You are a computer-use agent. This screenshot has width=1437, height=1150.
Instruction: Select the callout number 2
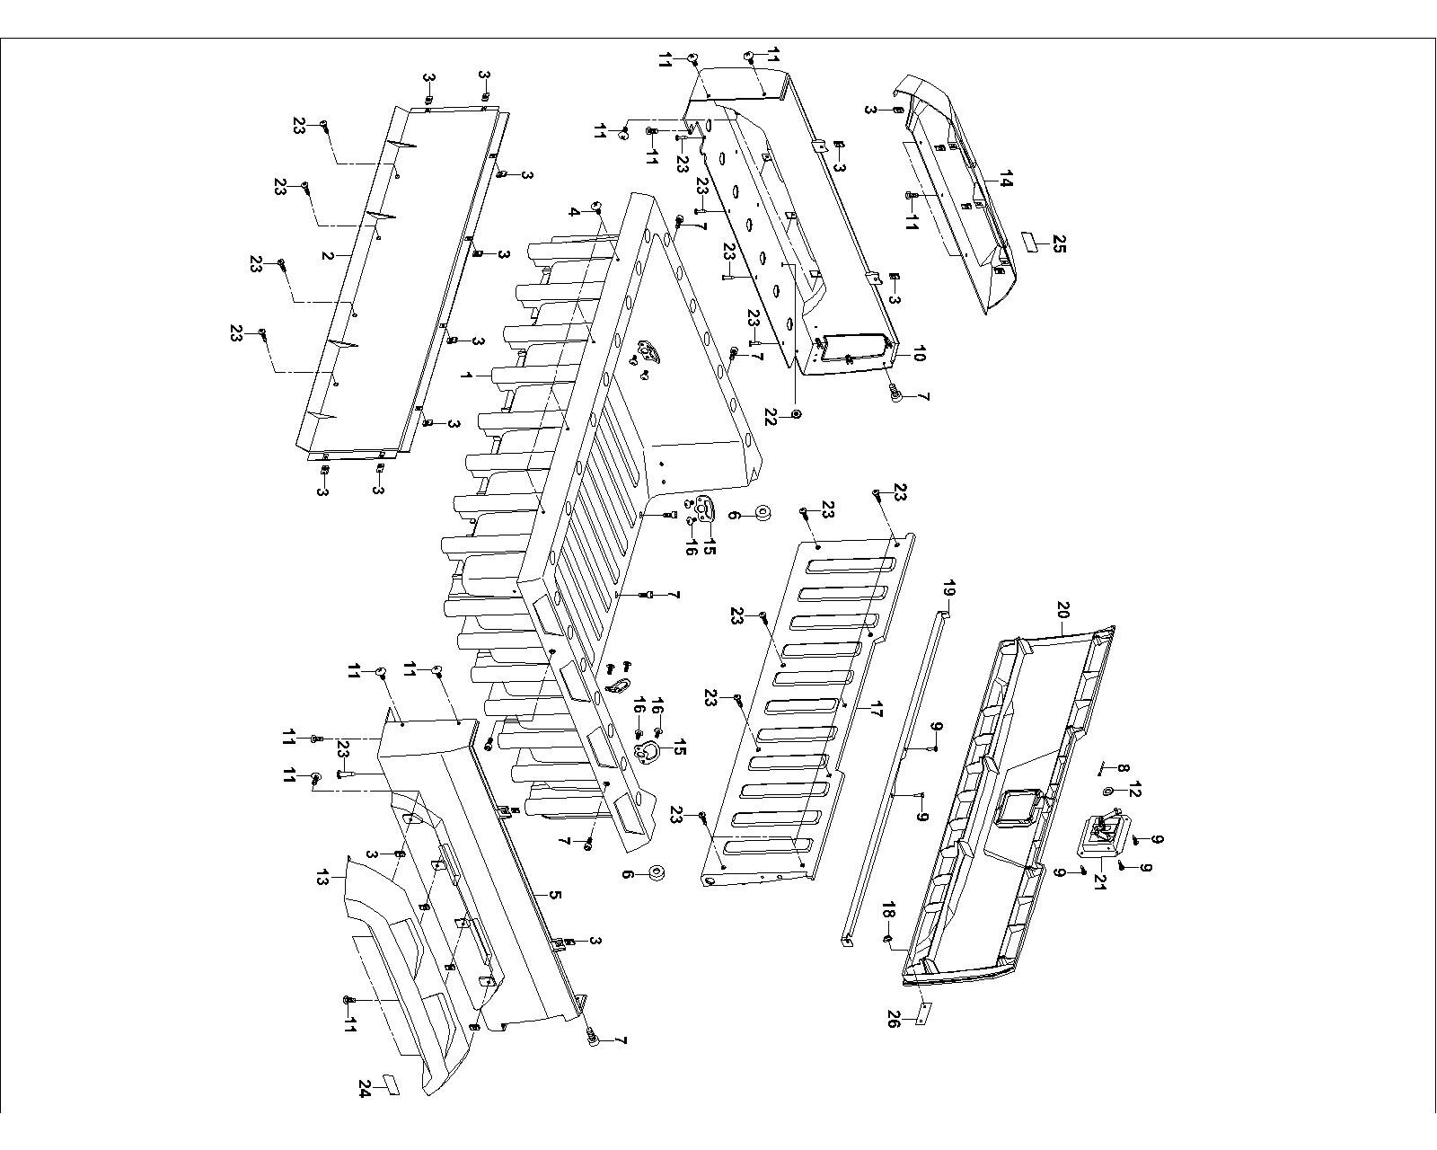[x=328, y=255]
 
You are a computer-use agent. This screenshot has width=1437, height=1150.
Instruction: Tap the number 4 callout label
[x=574, y=212]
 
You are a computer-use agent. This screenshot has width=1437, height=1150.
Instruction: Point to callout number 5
[x=555, y=895]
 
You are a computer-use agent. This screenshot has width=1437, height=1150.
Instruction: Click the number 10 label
[x=918, y=355]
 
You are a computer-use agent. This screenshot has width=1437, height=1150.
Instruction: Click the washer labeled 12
[x=1107, y=791]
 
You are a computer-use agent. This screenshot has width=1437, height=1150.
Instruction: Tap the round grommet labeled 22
[x=797, y=414]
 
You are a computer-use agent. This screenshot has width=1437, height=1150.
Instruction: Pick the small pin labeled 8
[x=1104, y=769]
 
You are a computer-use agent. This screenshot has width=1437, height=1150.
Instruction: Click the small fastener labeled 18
[x=887, y=940]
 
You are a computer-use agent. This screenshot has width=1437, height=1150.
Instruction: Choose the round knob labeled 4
[x=595, y=208]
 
